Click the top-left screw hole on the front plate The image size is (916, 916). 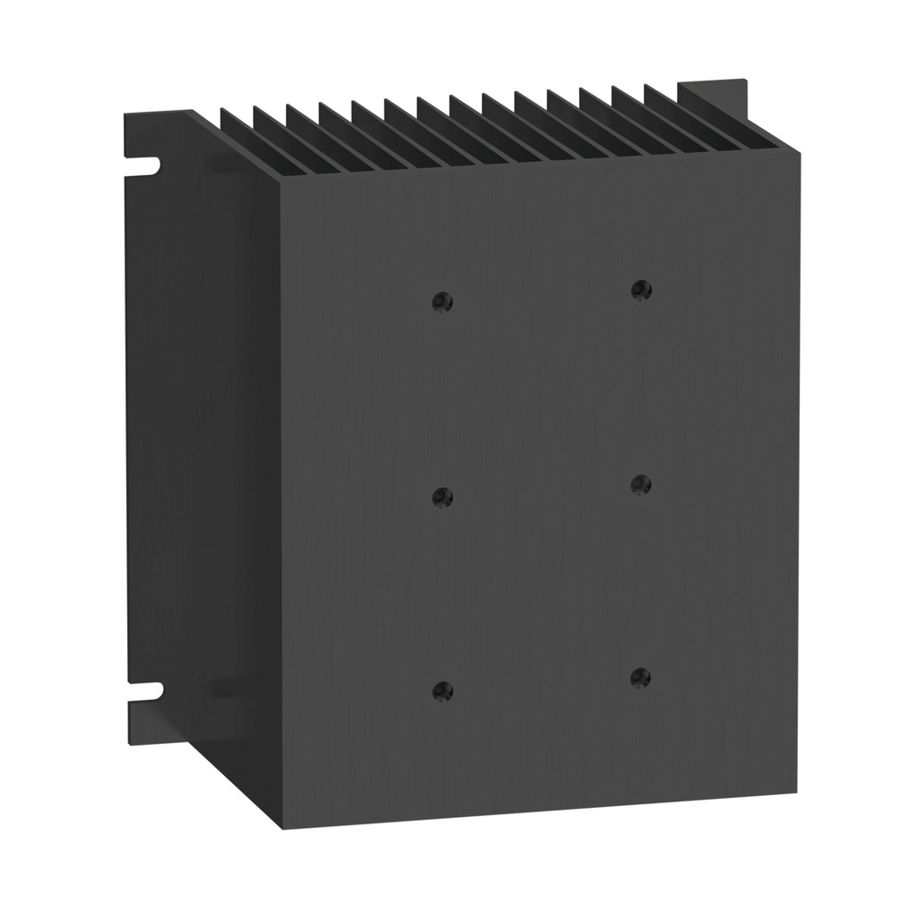[442, 300]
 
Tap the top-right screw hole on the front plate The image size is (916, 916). [640, 290]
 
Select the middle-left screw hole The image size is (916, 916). [442, 496]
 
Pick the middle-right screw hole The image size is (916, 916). [640, 483]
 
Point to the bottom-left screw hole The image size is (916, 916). [442, 689]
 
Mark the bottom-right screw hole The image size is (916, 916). [640, 677]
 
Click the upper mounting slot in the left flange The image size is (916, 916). [144, 166]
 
